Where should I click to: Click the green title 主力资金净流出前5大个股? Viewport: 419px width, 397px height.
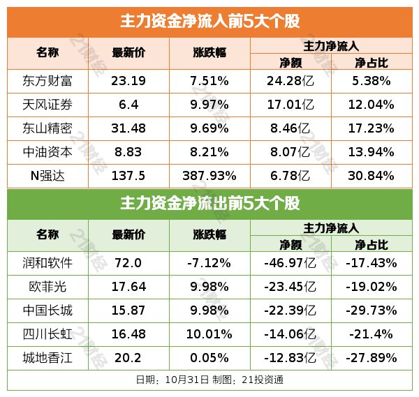pyautogui.click(x=209, y=204)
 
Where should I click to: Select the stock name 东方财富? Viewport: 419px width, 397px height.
pyautogui.click(x=47, y=80)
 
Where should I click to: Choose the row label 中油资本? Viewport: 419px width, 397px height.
pyautogui.click(x=47, y=152)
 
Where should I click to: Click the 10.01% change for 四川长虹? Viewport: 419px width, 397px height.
pyautogui.click(x=209, y=334)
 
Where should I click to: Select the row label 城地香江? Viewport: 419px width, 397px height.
pyautogui.click(x=47, y=358)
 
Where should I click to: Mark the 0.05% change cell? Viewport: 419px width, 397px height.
pyautogui.click(x=209, y=358)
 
